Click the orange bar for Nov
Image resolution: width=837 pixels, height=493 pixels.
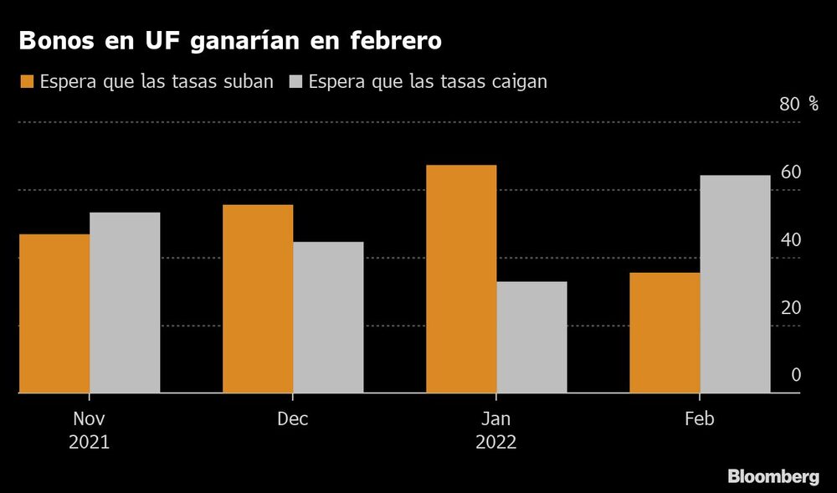(54, 313)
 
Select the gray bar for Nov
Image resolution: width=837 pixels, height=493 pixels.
(125, 302)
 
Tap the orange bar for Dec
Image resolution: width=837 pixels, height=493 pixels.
(258, 299)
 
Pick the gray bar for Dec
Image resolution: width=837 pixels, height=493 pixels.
(328, 317)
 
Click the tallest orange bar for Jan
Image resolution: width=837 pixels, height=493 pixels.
(461, 279)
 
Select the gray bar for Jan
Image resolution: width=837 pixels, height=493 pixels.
(531, 336)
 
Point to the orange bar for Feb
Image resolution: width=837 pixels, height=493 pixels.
(665, 332)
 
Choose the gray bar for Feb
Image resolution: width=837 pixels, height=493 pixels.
(735, 284)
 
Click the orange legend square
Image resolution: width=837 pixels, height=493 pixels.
(25, 82)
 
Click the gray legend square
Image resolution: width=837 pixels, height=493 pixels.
(296, 82)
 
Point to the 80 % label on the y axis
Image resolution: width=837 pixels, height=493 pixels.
(799, 104)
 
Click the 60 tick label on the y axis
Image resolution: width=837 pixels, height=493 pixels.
(791, 172)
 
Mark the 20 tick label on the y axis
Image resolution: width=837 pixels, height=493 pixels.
(791, 307)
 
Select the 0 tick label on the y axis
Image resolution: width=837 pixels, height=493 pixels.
(796, 374)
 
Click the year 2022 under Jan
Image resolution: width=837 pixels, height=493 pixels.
(496, 443)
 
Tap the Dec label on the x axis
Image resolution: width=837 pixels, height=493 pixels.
(293, 419)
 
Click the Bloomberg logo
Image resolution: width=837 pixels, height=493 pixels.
(773, 476)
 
